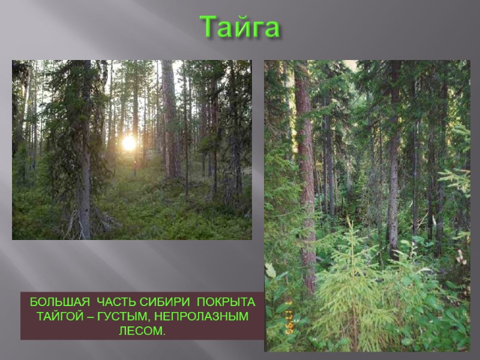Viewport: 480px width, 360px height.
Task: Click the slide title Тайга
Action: click(239, 27)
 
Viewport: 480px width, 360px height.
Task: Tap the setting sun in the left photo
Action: click(129, 143)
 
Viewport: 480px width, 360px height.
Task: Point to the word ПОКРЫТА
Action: click(226, 301)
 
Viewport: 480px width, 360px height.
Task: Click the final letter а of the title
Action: click(270, 29)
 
